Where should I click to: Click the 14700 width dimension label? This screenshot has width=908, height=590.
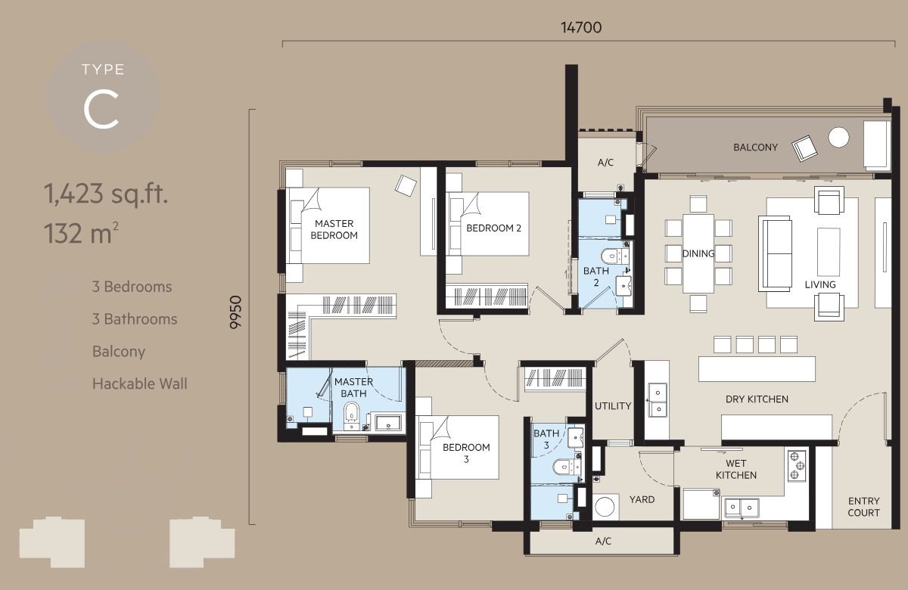pyautogui.click(x=581, y=27)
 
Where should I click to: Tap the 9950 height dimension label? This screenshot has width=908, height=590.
pyautogui.click(x=235, y=312)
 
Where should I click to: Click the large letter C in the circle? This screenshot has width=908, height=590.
pyautogui.click(x=101, y=110)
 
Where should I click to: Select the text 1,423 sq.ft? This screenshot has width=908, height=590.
pyautogui.click(x=106, y=194)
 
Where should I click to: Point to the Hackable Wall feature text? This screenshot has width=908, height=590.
pyautogui.click(x=139, y=383)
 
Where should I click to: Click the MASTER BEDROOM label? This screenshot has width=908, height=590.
pyautogui.click(x=334, y=229)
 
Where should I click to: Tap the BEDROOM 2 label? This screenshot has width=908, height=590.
pyautogui.click(x=493, y=228)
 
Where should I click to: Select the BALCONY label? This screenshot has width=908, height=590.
pyautogui.click(x=755, y=147)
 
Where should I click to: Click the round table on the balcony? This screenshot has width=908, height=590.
pyautogui.click(x=838, y=137)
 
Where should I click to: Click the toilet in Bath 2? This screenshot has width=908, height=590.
pyautogui.click(x=612, y=256)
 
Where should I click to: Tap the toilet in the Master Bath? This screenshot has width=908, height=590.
pyautogui.click(x=351, y=415)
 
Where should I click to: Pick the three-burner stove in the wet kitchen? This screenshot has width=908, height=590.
pyautogui.click(x=797, y=466)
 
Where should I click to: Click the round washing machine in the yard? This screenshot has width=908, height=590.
pyautogui.click(x=605, y=507)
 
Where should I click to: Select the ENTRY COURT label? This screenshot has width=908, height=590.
pyautogui.click(x=863, y=507)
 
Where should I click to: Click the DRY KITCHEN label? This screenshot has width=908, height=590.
pyautogui.click(x=757, y=399)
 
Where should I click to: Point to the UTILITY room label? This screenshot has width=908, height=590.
pyautogui.click(x=612, y=405)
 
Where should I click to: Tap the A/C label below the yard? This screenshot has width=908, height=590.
pyautogui.click(x=603, y=541)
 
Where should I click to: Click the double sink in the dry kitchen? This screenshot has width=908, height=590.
pyautogui.click(x=657, y=400)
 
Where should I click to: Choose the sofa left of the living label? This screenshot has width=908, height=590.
pyautogui.click(x=775, y=253)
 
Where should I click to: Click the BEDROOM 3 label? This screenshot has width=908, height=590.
pyautogui.click(x=466, y=453)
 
